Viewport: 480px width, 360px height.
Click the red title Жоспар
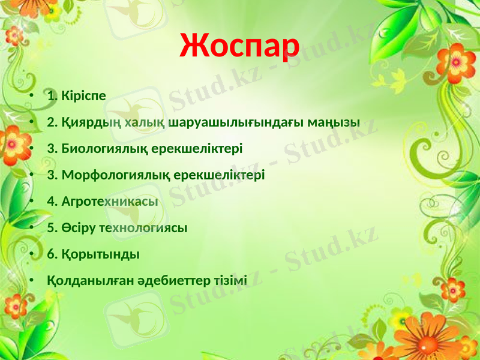coord(239,46)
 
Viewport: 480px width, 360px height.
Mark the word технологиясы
coord(144,227)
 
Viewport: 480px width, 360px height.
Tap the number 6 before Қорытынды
coord(50,254)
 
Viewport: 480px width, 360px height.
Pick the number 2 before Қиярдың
coord(50,122)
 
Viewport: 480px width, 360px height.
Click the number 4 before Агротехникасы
coord(50,201)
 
